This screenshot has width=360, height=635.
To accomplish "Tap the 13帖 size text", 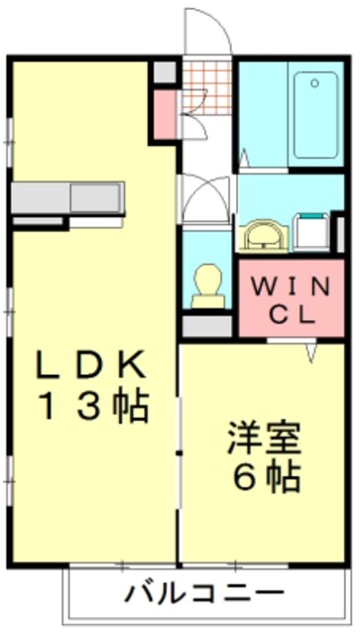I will [93, 407].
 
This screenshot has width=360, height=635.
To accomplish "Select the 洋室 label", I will [263, 437].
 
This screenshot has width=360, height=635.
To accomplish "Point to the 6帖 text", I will [263, 478].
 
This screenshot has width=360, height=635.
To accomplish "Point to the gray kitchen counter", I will [67, 196].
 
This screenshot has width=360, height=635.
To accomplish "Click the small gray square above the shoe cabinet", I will [166, 71].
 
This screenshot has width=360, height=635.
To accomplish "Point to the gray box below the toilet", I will [207, 323].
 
